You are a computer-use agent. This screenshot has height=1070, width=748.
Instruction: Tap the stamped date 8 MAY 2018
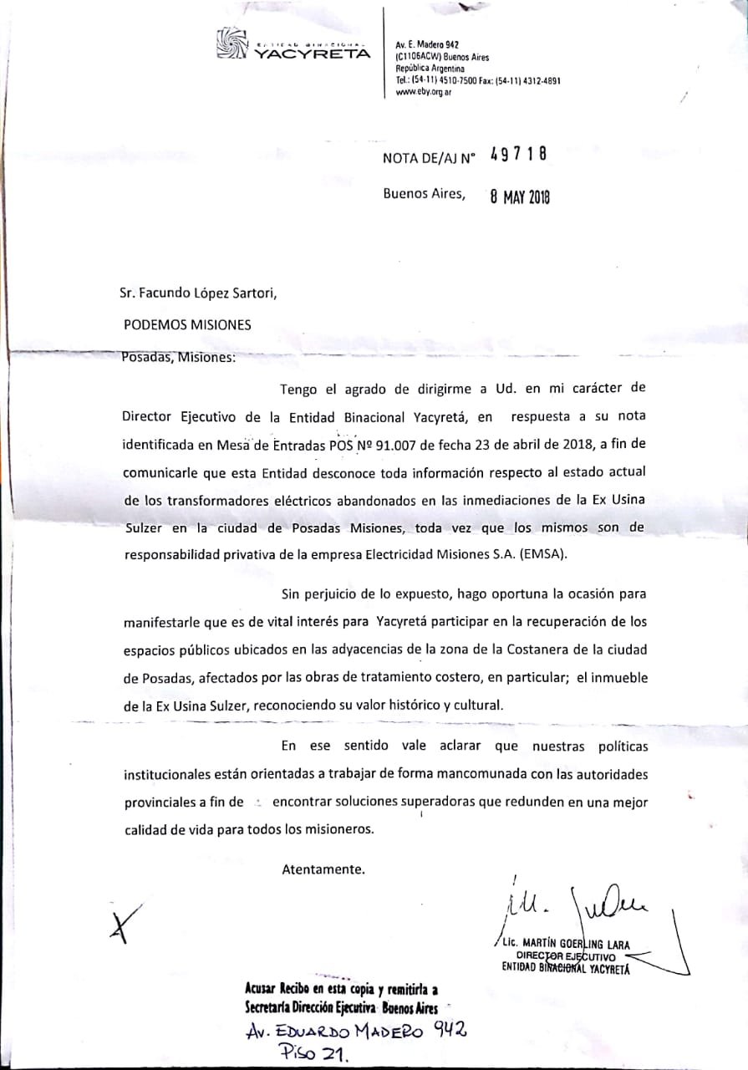(x=520, y=196)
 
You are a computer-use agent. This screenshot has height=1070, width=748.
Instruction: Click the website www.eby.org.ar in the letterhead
(x=425, y=92)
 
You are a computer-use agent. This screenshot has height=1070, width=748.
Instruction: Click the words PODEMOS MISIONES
(x=186, y=324)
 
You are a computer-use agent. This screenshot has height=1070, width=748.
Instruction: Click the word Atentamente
(x=323, y=869)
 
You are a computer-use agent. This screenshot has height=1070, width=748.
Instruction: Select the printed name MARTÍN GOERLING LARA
(x=578, y=945)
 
